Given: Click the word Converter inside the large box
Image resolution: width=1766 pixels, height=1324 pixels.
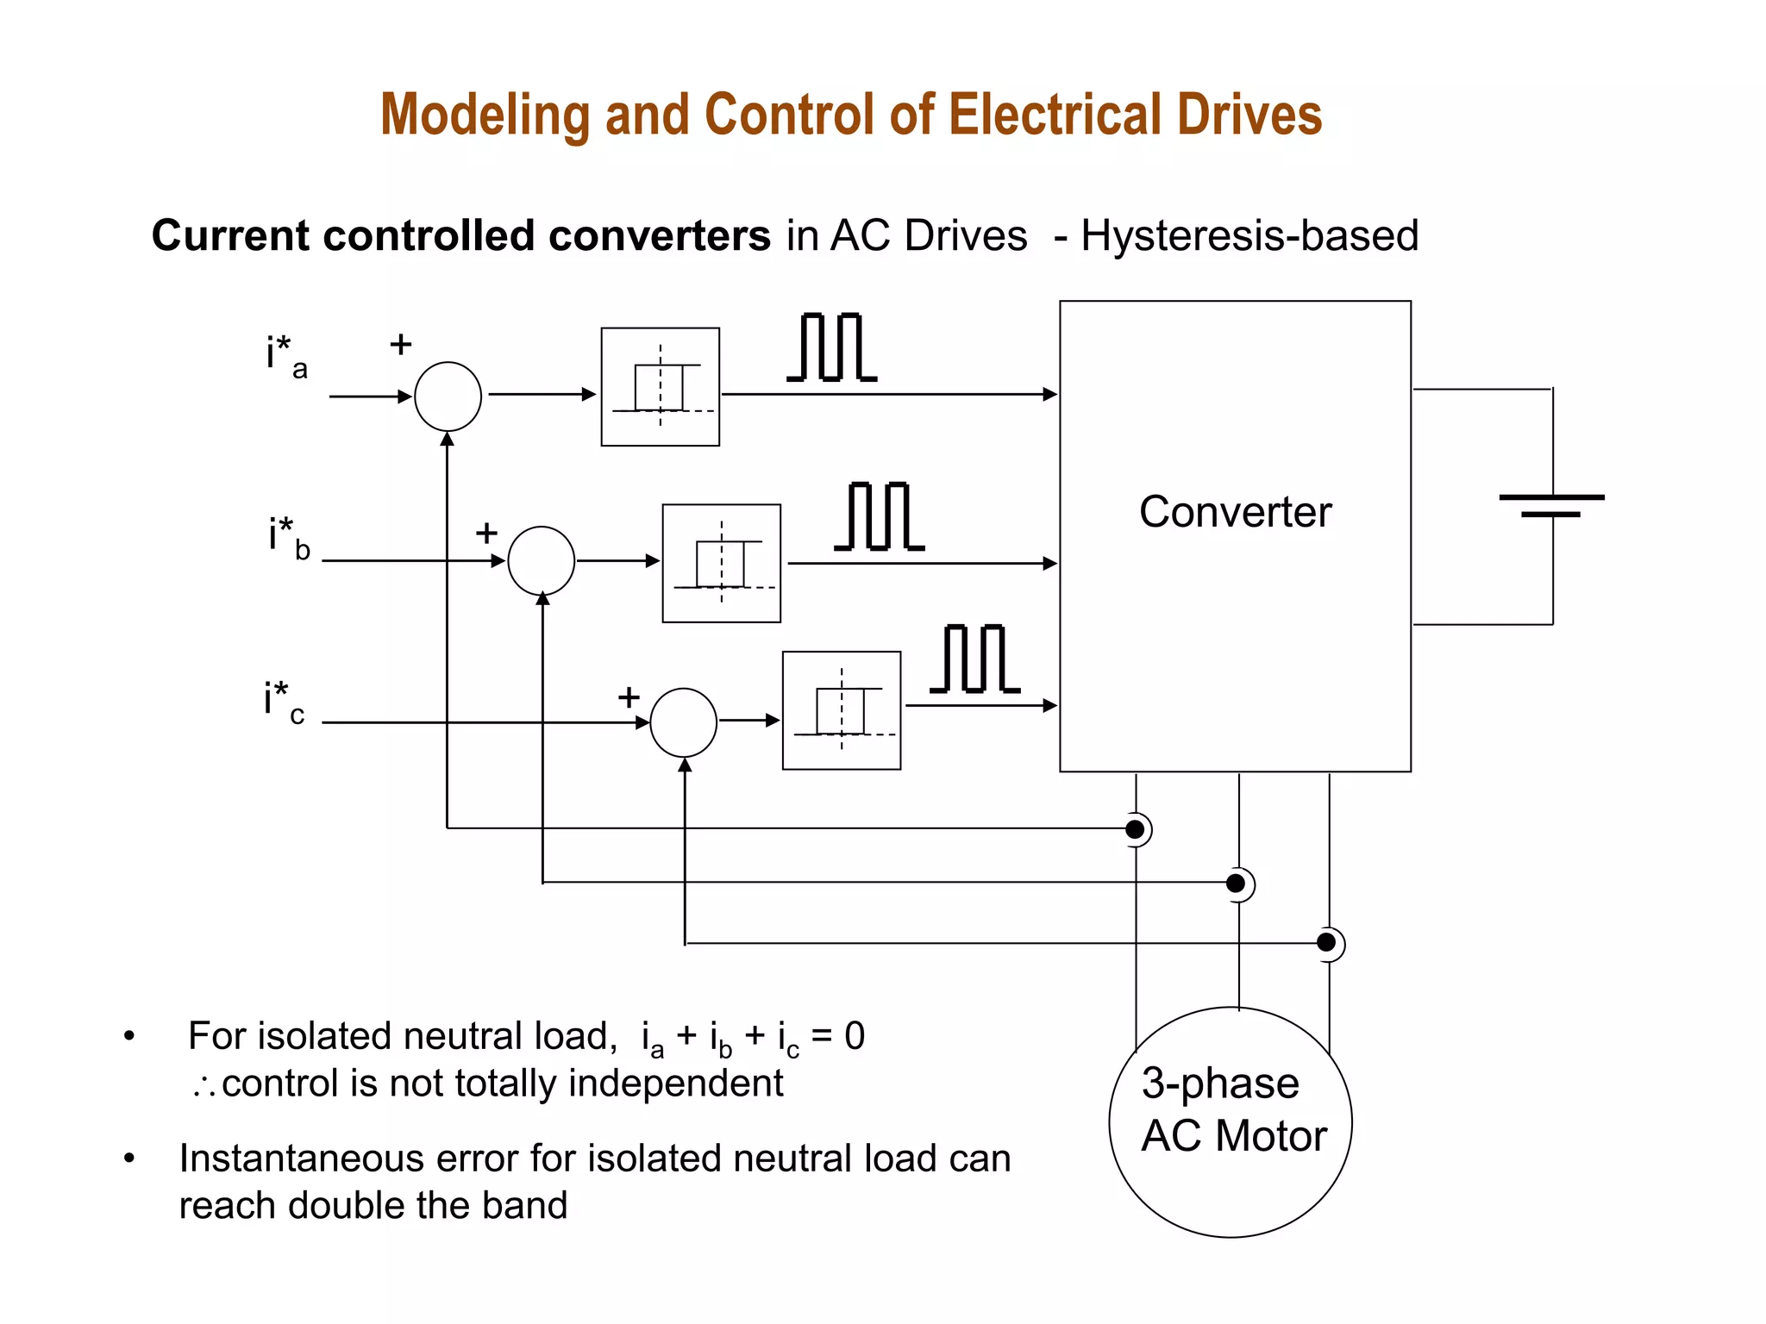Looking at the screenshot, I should click(x=1235, y=512).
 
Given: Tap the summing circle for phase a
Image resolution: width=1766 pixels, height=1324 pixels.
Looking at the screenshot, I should click(x=448, y=397).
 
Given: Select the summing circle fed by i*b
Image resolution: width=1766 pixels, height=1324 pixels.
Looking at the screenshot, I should click(x=542, y=561).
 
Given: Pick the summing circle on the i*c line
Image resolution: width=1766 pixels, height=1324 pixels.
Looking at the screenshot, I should click(x=683, y=722).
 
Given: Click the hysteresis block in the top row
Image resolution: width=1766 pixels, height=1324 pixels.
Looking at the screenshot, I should click(x=661, y=387).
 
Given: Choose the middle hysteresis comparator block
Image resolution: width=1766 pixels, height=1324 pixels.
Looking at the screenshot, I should click(x=722, y=563).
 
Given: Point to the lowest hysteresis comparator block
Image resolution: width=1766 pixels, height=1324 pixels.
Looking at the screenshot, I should click(x=842, y=710).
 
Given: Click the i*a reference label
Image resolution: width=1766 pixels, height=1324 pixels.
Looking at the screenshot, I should click(x=286, y=355).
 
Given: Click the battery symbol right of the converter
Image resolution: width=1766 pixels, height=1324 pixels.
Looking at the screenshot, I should click(x=1551, y=506).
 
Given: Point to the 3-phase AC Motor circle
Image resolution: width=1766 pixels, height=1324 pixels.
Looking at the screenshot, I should click(x=1231, y=1122).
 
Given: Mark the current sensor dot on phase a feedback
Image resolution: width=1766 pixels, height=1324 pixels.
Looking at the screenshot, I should click(x=1136, y=829).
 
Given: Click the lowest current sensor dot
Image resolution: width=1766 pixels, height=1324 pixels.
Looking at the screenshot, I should click(x=1327, y=943).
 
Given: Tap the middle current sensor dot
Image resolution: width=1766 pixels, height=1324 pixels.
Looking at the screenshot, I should click(x=1236, y=883).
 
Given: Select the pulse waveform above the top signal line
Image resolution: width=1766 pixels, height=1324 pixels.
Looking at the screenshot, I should click(x=831, y=347).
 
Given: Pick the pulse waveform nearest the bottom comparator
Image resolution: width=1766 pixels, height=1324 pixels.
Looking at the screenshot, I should click(x=974, y=659).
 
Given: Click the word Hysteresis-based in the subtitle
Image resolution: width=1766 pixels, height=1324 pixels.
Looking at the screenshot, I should click(x=1249, y=235).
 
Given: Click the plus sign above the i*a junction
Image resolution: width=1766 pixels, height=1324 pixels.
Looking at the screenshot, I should click(x=401, y=345).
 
